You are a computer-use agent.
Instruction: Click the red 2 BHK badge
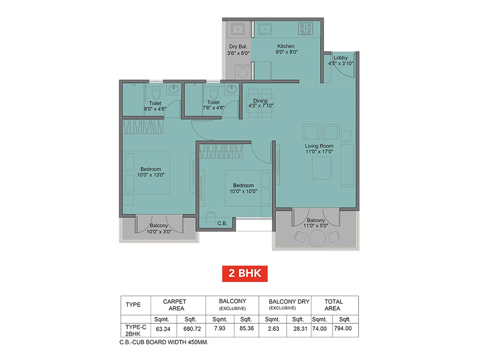[245, 273]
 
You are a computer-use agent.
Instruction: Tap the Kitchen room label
[286, 46]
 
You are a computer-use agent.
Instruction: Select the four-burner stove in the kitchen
[305, 29]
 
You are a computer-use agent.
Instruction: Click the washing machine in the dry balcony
[243, 72]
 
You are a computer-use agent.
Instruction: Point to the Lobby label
[341, 57]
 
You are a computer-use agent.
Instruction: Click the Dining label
[260, 101]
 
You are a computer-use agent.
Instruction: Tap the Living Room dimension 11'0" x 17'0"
[319, 152]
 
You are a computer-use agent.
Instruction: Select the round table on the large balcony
[317, 239]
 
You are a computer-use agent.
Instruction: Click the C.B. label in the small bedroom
[222, 223]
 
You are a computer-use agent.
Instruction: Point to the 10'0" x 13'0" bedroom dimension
[150, 175]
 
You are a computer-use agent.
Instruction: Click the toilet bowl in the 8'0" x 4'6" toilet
[156, 94]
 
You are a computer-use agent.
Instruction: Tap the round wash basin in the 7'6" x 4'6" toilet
[231, 89]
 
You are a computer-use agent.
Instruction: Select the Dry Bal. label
[238, 47]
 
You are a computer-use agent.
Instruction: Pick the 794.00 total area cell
[343, 328]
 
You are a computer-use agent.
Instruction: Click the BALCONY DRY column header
[289, 302]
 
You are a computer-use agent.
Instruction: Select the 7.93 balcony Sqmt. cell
[219, 328]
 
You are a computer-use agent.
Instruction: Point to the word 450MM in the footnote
[197, 343]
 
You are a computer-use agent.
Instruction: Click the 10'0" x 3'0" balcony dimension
[159, 232]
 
